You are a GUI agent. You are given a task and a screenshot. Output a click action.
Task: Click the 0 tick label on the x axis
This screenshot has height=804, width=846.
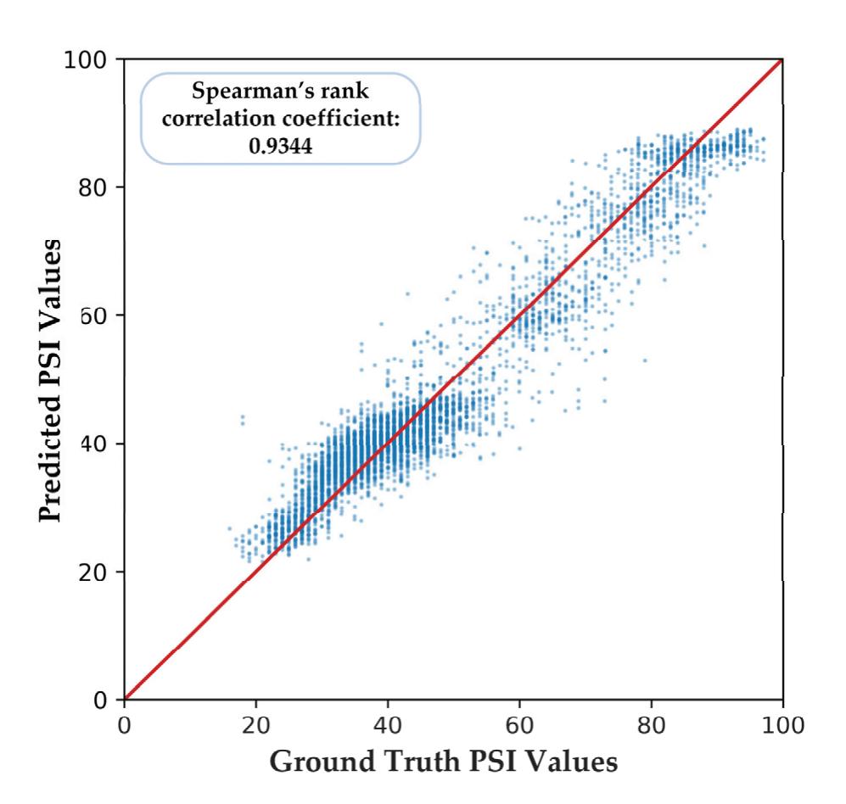coord(125,727)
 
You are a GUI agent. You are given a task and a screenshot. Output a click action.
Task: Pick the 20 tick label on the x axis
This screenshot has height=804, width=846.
coord(255,727)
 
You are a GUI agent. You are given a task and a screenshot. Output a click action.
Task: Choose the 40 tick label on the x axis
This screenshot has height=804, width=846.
coord(387,727)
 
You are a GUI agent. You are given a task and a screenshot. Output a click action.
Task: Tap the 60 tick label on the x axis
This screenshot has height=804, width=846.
coord(518,727)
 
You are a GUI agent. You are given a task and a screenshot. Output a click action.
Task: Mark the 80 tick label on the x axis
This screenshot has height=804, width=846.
coord(651,727)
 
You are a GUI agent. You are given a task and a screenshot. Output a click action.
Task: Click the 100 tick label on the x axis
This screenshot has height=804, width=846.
coord(782,727)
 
